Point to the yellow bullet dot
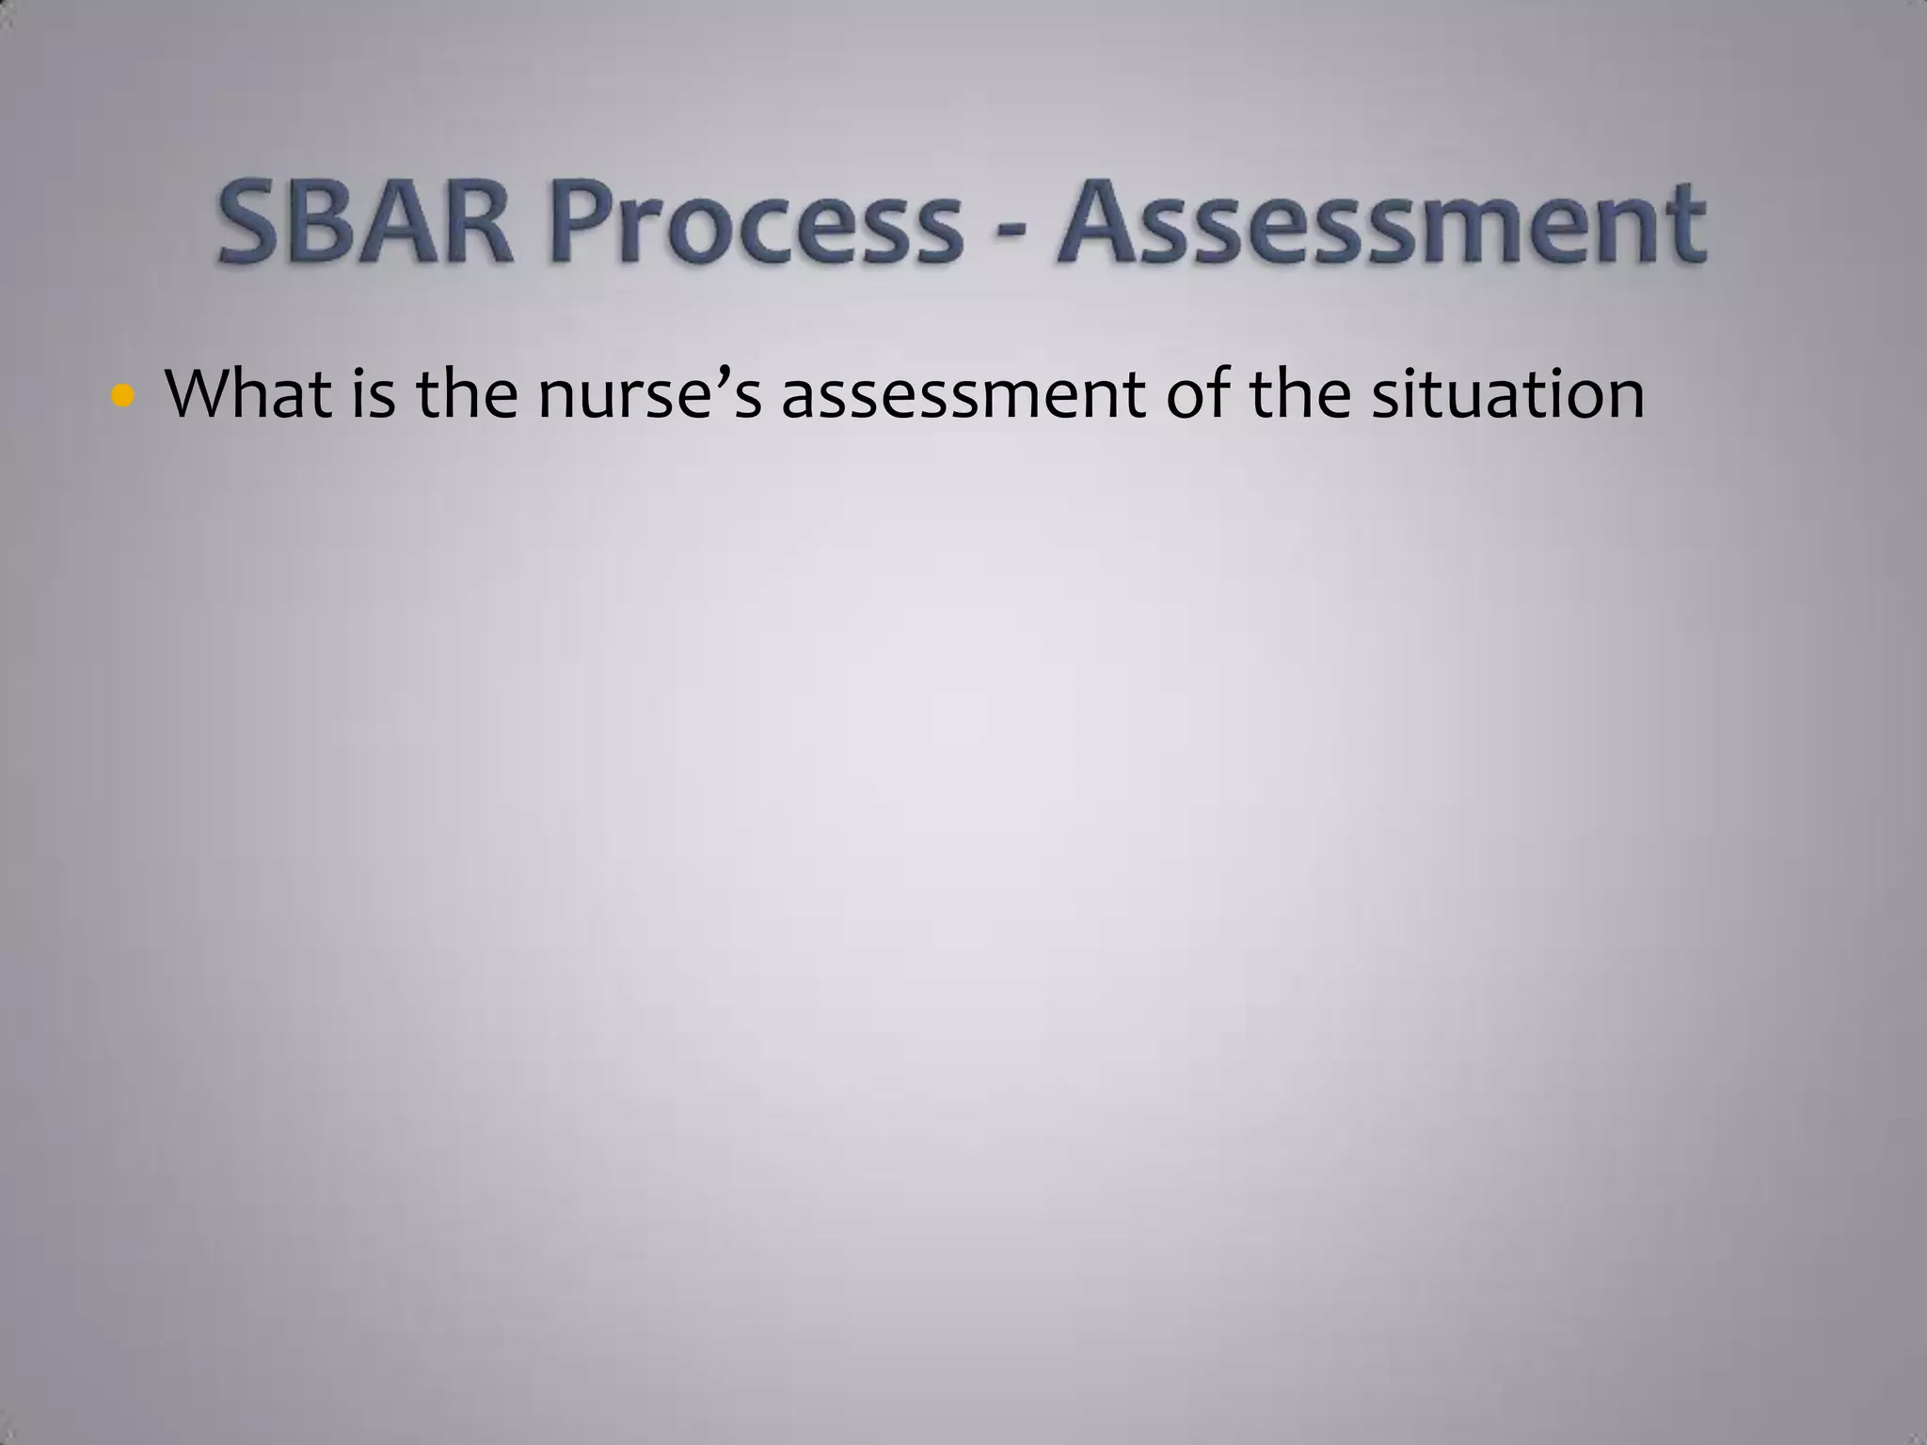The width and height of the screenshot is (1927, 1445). (121, 396)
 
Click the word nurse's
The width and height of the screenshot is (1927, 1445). (649, 395)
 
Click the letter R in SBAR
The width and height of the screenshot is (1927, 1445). (477, 224)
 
